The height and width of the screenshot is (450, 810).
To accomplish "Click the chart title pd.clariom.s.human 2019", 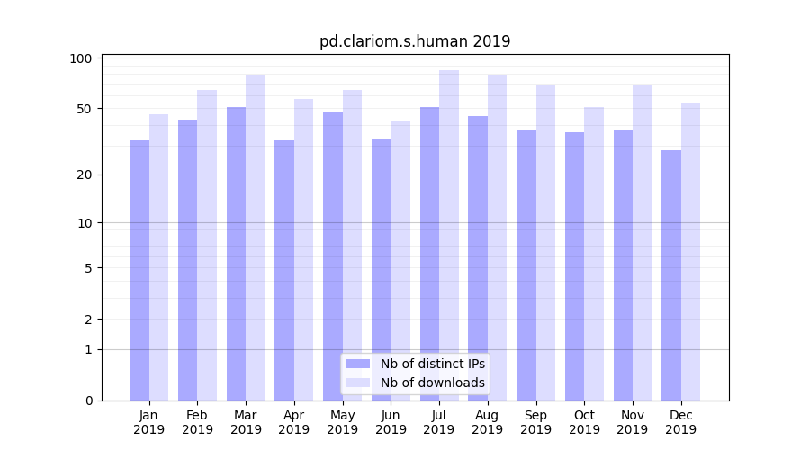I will tap(415, 41).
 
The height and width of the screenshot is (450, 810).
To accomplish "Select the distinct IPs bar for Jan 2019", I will tap(139, 270).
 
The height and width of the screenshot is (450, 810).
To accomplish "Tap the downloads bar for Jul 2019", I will tap(448, 234).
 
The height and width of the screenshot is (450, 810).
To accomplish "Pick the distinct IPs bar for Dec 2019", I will tap(671, 274).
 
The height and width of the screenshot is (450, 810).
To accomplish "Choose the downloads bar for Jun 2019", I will tap(400, 261).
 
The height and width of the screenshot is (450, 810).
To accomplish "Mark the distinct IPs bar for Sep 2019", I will tap(526, 265).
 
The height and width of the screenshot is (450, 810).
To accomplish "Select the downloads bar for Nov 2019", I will tap(642, 242).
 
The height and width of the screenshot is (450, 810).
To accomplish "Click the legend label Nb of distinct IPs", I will tap(433, 364).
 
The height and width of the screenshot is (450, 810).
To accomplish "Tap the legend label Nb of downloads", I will tap(433, 382).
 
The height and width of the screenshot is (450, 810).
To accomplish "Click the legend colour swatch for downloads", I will tap(358, 382).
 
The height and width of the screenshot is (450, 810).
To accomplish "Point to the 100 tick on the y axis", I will tap(82, 58).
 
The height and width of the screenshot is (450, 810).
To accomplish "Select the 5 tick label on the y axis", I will tap(88, 268).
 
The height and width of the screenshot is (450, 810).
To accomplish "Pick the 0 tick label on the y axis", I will tap(88, 400).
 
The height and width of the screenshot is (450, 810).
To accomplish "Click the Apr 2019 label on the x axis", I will tap(294, 422).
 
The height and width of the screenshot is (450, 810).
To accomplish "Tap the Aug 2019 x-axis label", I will tap(487, 422).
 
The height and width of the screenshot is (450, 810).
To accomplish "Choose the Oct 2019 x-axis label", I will tap(584, 422).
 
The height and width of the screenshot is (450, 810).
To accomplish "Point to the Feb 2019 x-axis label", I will tap(197, 422).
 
